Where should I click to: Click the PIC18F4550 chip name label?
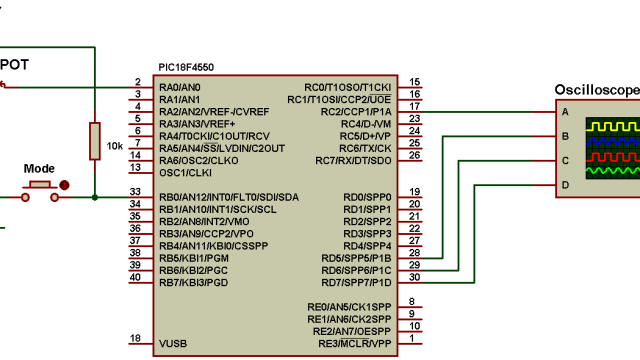[186, 67]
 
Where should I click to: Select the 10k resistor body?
[95, 141]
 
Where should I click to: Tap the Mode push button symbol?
[41, 185]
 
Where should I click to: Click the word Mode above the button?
[39, 169]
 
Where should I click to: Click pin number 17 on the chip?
[414, 106]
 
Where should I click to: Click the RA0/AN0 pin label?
[179, 87]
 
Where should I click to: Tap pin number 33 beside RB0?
[135, 191]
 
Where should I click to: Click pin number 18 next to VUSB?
[135, 338]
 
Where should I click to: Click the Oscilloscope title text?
[597, 90]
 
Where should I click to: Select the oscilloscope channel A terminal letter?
[565, 112]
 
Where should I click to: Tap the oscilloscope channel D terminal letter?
[565, 185]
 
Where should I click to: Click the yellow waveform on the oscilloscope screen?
[610, 126]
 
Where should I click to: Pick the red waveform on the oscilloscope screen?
[610, 157]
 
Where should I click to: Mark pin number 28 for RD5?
[414, 253]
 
